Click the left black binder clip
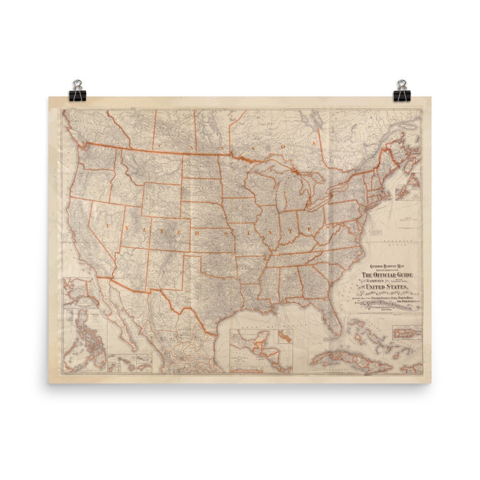point(77,91)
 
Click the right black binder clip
point(402,91)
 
